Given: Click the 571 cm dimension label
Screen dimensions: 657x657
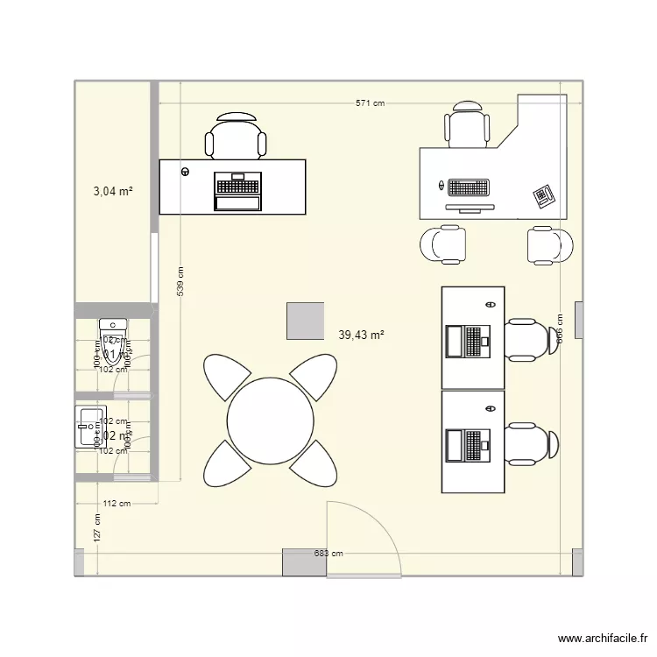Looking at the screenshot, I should coord(370,103).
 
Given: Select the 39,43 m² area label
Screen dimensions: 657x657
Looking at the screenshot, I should coord(361,334).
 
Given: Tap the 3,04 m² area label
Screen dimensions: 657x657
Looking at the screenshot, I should coord(113,189).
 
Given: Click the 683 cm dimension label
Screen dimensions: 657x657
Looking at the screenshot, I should coord(329,554).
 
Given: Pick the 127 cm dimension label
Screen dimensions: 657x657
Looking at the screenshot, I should coord(96,526).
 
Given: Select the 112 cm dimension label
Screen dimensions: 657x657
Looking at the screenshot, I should coord(117,504).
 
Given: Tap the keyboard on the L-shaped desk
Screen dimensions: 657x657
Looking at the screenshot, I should coord(467,187).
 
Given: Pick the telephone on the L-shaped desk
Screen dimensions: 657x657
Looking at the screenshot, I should coord(544,195).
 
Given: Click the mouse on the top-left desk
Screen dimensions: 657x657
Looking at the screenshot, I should coord(185,172).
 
